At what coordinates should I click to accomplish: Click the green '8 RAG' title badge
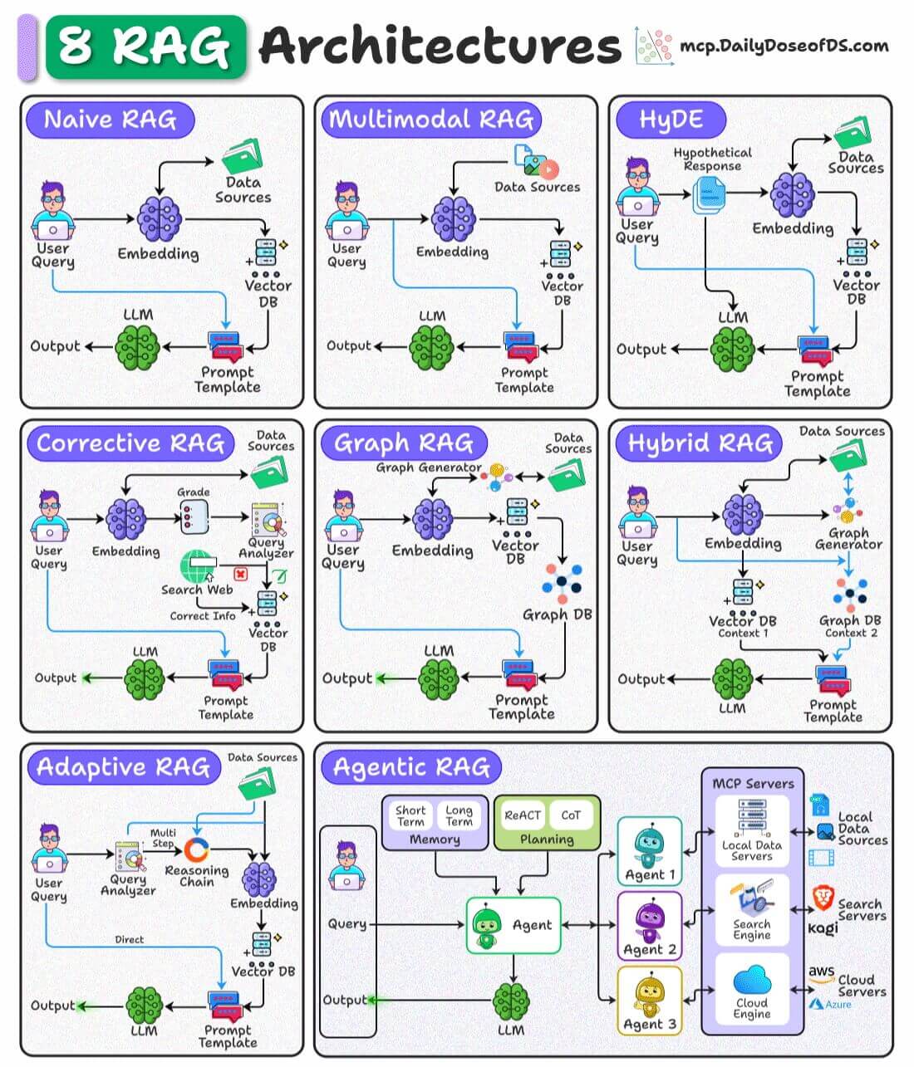coord(145,46)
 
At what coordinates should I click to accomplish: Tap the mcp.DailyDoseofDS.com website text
coord(783,46)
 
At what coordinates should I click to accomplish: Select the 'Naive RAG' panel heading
coord(110,120)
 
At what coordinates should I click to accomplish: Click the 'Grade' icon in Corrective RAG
coord(192,517)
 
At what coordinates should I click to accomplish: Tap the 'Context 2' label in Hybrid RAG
coord(851,633)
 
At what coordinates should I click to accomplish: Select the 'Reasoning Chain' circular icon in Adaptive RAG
coord(197,850)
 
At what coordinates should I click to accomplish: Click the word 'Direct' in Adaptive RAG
coord(129,939)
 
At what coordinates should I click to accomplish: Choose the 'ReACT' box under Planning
coord(523,815)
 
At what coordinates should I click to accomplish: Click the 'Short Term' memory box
coord(410,815)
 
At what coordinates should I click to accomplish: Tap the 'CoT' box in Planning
coord(571,815)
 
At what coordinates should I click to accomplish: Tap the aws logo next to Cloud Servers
coord(821,972)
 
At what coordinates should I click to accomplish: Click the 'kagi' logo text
coord(823,928)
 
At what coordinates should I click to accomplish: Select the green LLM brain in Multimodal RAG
coord(431,347)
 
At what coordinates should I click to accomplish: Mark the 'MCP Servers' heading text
coord(753,783)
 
